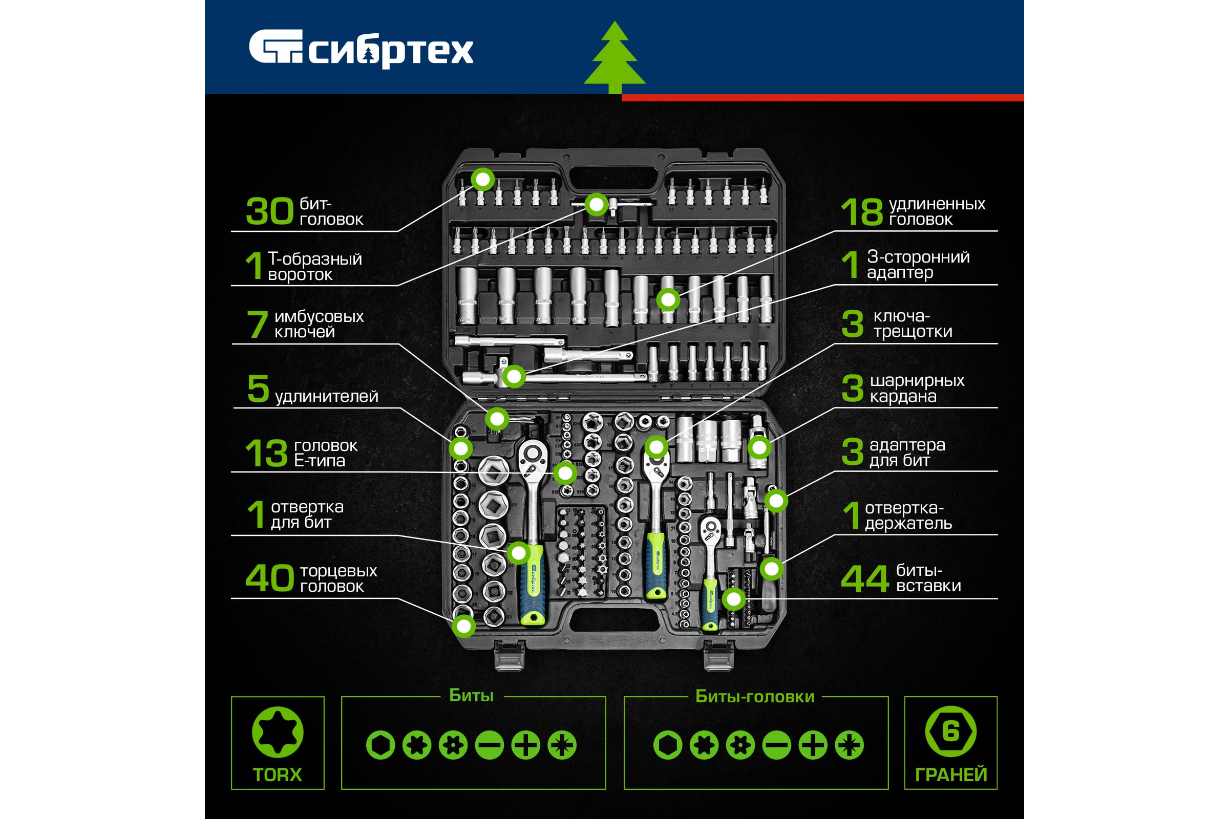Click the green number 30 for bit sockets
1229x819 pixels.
coord(270,211)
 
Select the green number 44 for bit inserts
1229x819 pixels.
coord(865,579)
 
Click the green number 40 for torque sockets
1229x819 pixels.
coord(270,578)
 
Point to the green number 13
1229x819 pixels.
coord(266,453)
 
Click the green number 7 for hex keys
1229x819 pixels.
coord(257,324)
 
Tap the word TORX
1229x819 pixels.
coord(278,774)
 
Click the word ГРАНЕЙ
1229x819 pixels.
coord(951,774)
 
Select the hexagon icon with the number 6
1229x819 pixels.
coord(950,731)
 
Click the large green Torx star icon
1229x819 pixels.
coord(278,732)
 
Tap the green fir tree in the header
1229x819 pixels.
coord(614,57)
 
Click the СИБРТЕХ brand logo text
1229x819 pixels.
coord(390,51)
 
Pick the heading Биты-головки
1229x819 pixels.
coord(755,697)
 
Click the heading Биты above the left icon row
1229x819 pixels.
coord(471,696)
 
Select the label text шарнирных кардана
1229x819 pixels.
coord(917,388)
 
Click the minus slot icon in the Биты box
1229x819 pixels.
coord(490,745)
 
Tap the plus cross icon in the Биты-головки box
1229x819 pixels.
coord(813,745)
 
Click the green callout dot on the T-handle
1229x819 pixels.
coord(596,204)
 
